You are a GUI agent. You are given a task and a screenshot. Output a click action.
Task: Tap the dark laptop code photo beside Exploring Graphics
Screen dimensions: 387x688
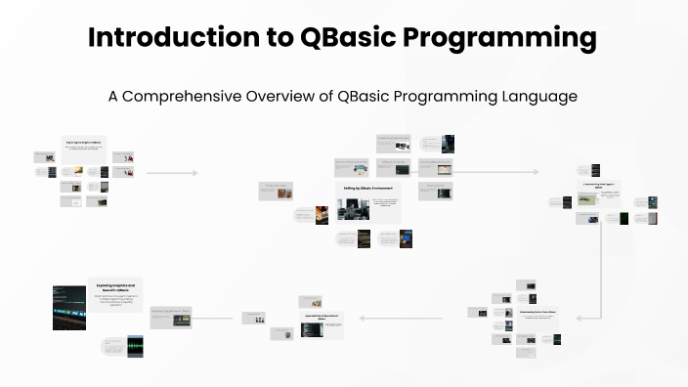pyautogui.click(x=69, y=307)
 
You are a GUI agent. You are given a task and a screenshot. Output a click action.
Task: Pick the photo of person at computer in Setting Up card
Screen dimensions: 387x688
pyautogui.click(x=352, y=209)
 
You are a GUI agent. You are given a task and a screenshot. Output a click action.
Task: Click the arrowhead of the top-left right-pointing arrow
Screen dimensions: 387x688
pyautogui.click(x=182, y=172)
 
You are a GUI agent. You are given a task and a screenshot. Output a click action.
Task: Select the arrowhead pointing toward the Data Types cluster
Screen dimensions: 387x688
pyautogui.click(x=538, y=172)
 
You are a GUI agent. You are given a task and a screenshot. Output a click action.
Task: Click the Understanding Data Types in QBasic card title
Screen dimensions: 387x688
pyautogui.click(x=597, y=184)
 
